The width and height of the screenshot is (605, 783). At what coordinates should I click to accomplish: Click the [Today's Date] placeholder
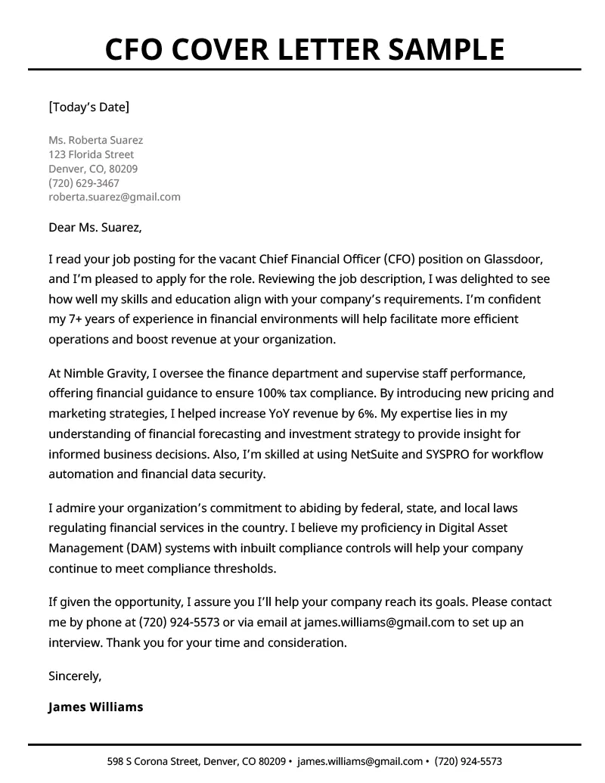click(88, 107)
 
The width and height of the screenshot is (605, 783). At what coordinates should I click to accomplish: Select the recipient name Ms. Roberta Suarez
click(95, 140)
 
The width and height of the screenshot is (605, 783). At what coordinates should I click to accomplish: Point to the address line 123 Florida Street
click(91, 154)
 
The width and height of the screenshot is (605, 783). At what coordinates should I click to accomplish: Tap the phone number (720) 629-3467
click(83, 183)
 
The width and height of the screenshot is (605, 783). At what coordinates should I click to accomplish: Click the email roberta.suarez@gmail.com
click(114, 197)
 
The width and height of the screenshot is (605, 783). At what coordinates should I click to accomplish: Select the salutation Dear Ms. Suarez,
click(95, 226)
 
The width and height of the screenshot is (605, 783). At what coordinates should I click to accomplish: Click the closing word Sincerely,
click(75, 675)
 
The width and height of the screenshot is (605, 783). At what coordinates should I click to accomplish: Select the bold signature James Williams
click(95, 707)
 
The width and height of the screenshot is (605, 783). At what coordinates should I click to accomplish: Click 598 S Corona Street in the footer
click(154, 761)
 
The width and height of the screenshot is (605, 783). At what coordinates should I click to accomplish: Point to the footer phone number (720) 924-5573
click(469, 761)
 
